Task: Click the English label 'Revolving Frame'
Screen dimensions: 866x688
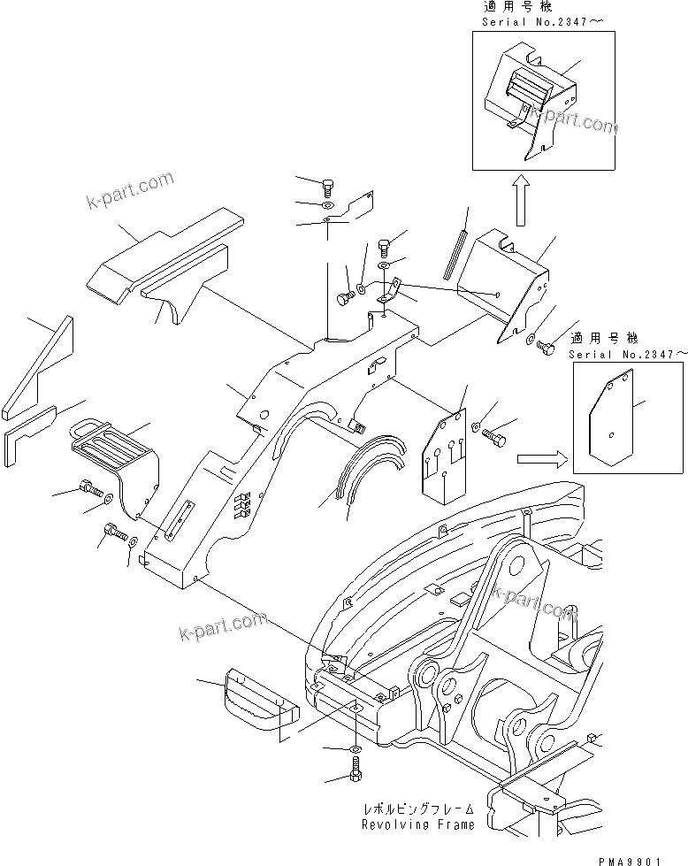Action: pyautogui.click(x=417, y=824)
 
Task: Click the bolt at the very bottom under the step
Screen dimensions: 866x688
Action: pyautogui.click(x=355, y=775)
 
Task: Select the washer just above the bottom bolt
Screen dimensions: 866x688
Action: pyautogui.click(x=354, y=750)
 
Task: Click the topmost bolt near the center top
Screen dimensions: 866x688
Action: pyautogui.click(x=328, y=187)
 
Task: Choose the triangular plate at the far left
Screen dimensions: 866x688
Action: pyautogui.click(x=41, y=367)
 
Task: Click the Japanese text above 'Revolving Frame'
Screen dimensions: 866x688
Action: pyautogui.click(x=417, y=809)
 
